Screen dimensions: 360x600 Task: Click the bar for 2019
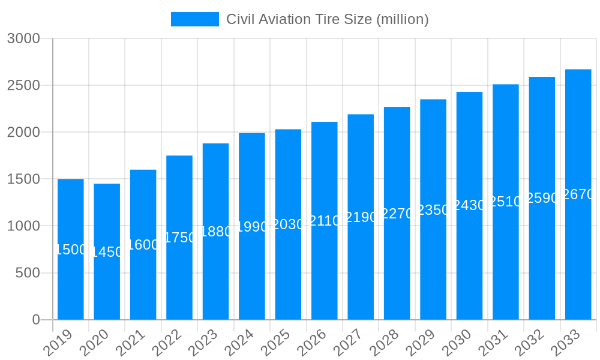[71, 282]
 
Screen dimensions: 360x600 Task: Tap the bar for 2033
[578, 258]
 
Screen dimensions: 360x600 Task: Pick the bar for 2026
[325, 270]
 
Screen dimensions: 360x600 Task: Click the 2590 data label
[542, 198]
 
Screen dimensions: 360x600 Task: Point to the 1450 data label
[107, 252]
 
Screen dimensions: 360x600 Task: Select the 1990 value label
[252, 227]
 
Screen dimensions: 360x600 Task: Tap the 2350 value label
[433, 210]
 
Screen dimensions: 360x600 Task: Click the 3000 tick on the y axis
[23, 38]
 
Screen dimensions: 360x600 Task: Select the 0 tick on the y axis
[36, 320]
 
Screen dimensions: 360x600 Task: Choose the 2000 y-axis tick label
[23, 132]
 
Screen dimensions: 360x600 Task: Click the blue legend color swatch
[194, 19]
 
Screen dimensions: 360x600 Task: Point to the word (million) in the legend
[402, 19]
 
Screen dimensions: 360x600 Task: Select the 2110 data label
[325, 221]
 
